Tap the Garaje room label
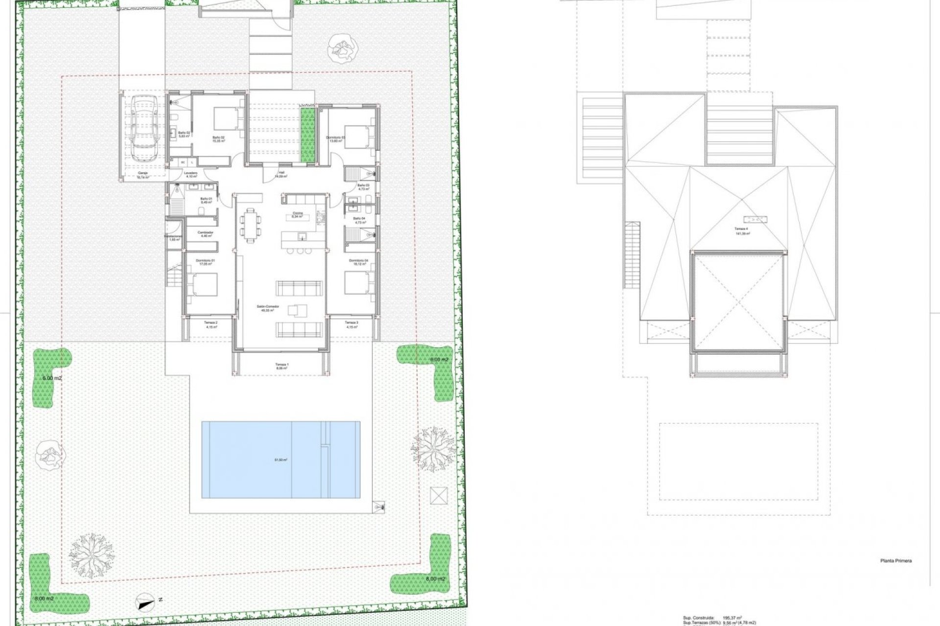(x=142, y=174)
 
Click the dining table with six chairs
(x=251, y=224)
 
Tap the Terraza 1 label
(x=281, y=365)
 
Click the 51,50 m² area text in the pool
(x=281, y=460)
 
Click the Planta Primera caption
(x=895, y=561)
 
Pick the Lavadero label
(x=190, y=174)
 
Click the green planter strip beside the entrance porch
(x=308, y=136)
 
